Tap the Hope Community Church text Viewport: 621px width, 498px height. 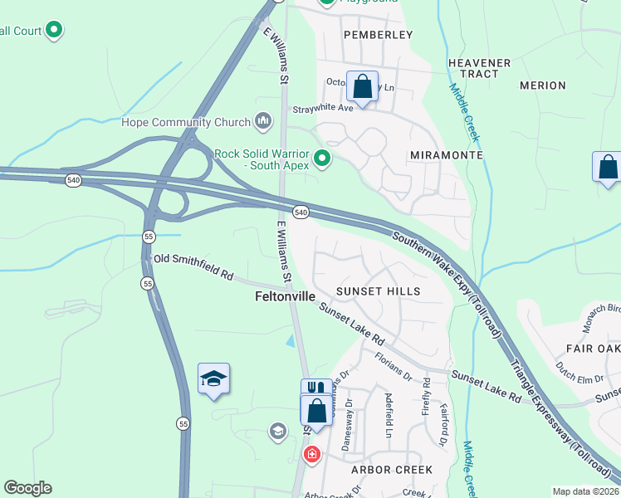(185, 123)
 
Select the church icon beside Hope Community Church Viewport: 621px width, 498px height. (264, 122)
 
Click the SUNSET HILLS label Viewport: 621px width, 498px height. (379, 291)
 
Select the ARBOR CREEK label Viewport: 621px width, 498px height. (392, 470)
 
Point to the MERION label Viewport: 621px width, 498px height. (542, 85)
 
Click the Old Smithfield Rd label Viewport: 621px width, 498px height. (193, 261)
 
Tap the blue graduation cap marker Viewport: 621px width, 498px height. (213, 379)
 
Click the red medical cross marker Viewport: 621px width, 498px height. (311, 454)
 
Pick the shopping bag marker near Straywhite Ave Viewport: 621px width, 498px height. (363, 86)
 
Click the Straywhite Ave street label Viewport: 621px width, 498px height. (321, 108)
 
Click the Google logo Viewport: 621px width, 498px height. (28, 488)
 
